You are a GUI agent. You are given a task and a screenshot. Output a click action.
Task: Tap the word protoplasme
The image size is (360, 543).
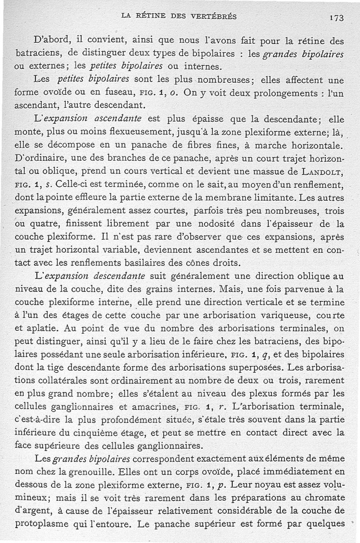pyautogui.click(x=41, y=524)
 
